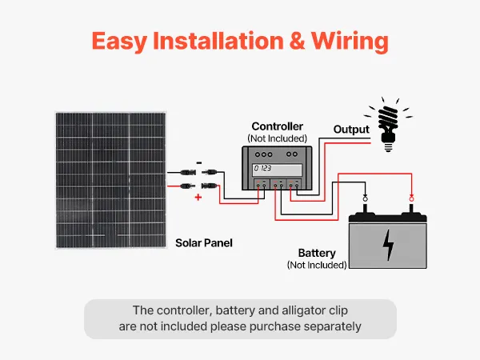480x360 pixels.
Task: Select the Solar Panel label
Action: pos(203,242)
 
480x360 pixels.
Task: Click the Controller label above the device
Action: pos(277,126)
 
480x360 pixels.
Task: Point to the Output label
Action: pos(351,129)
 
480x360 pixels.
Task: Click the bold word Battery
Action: pos(317,254)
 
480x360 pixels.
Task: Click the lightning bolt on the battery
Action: pos(388,245)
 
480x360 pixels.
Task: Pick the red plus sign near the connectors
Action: pos(198,196)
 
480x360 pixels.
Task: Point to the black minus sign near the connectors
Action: pos(198,161)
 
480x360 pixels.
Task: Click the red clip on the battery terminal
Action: pos(411,198)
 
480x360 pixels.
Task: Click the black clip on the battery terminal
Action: pos(366,198)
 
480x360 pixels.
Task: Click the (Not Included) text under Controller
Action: pos(277,138)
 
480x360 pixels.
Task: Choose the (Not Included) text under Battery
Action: pos(317,265)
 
